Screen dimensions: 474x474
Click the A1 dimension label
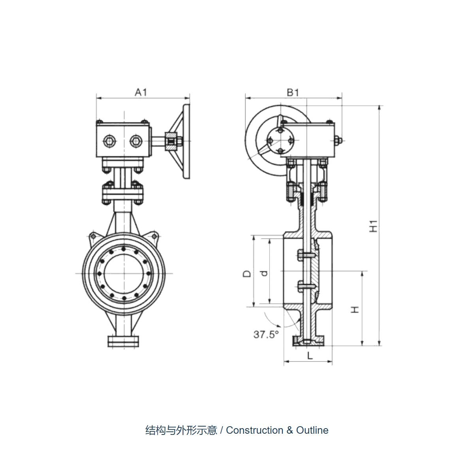click(x=141, y=92)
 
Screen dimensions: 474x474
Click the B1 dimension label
click(x=293, y=92)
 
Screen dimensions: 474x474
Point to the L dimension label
click(x=310, y=355)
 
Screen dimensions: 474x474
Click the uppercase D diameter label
click(x=247, y=273)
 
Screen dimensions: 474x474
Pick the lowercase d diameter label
click(x=264, y=273)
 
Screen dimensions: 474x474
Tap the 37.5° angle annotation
click(x=266, y=335)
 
